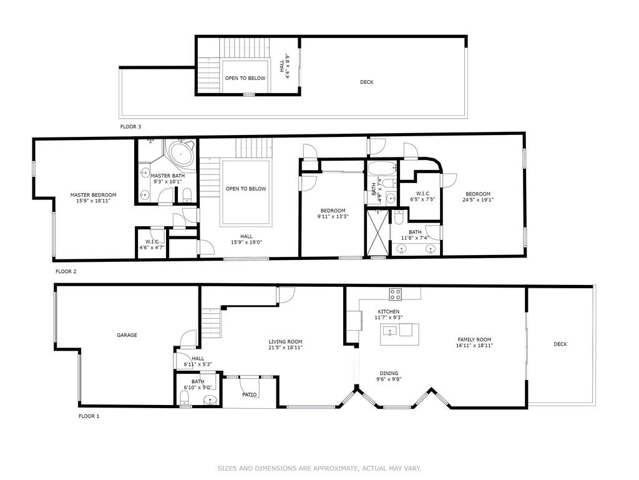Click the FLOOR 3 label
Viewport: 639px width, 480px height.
pos(130,126)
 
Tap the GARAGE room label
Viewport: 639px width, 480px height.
pos(127,335)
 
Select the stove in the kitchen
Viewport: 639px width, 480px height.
pos(395,294)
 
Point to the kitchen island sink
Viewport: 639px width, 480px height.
pos(390,330)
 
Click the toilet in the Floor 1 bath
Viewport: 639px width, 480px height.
pos(185,398)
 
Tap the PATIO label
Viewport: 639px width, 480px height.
pos(250,395)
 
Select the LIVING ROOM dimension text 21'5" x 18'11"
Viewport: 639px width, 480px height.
pos(285,347)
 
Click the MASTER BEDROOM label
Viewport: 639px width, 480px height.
pos(93,195)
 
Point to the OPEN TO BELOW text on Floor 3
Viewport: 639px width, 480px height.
pos(245,78)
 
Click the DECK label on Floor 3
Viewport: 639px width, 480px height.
pos(366,82)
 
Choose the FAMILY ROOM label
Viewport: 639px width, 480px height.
pos(474,339)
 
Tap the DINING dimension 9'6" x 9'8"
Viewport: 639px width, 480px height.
pos(389,379)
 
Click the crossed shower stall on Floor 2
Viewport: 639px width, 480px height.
pos(378,232)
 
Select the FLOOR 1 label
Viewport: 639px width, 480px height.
pos(89,416)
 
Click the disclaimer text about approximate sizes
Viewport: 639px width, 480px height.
pos(319,469)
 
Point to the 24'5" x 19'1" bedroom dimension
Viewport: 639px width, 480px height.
pos(478,200)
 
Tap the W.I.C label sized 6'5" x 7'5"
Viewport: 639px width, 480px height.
pos(422,194)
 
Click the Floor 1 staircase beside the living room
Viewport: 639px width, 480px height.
pos(211,323)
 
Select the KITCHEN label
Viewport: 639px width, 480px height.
pos(388,312)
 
